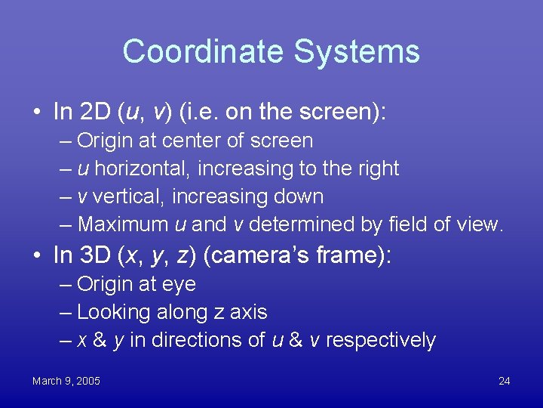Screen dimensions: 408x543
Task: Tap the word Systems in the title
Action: click(x=356, y=52)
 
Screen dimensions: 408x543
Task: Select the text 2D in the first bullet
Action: click(x=94, y=112)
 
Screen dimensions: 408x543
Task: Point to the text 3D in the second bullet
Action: click(x=94, y=255)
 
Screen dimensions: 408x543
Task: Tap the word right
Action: click(x=375, y=168)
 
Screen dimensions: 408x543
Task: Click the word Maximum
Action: click(x=123, y=224)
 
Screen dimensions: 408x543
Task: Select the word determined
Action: click(x=295, y=224)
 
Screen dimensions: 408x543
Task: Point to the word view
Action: click(x=478, y=224)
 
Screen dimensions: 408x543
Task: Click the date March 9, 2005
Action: click(x=66, y=381)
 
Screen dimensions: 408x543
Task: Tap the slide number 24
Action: click(x=504, y=381)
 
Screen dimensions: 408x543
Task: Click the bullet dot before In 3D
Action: click(x=37, y=256)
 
